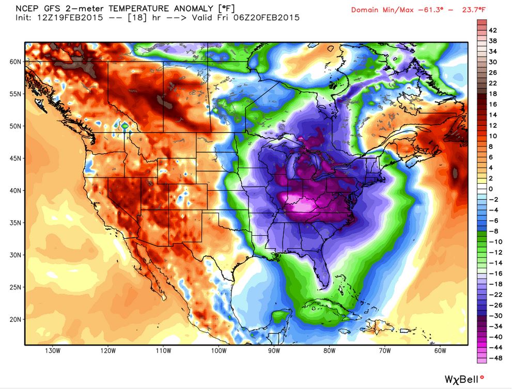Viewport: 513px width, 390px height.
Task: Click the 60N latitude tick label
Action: [x=14, y=61]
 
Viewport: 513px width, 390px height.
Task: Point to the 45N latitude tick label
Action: [x=14, y=158]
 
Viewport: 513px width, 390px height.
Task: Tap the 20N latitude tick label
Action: [x=14, y=319]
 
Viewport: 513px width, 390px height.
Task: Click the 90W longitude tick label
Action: [x=274, y=351]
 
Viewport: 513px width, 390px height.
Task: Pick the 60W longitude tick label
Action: [x=440, y=351]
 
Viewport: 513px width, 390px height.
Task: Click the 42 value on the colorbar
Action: [x=493, y=30]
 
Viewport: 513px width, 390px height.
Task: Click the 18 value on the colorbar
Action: [x=493, y=93]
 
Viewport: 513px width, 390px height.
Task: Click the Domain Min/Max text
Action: [x=379, y=10]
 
